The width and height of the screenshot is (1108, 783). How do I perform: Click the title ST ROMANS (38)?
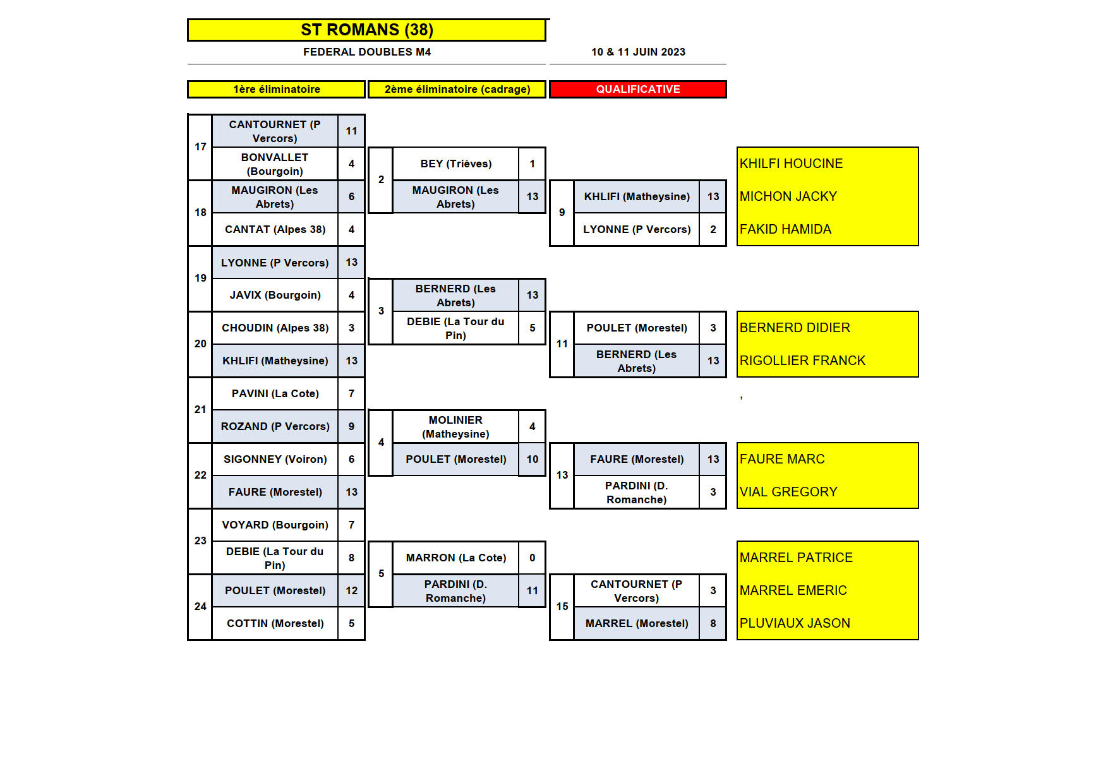click(366, 30)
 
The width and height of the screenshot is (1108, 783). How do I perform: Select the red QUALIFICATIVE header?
click(637, 89)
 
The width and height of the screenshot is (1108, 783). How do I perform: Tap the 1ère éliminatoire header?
click(276, 89)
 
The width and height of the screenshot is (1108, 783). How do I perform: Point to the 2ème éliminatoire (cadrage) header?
click(457, 89)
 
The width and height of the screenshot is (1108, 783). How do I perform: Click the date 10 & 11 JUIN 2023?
click(638, 52)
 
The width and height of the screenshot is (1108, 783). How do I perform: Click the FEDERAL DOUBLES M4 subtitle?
click(366, 52)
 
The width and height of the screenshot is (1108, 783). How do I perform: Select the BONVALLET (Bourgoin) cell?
click(275, 164)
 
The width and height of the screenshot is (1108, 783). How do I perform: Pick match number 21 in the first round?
click(200, 409)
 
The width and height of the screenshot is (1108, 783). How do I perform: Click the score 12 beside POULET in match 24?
click(351, 590)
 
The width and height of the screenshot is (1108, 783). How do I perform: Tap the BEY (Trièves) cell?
click(455, 164)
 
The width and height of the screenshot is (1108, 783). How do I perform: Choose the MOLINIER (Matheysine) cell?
click(455, 427)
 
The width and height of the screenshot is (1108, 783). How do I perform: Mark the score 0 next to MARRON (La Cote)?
click(532, 558)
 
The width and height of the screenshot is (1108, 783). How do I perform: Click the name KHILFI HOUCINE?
click(791, 164)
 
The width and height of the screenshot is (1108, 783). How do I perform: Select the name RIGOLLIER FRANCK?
click(802, 361)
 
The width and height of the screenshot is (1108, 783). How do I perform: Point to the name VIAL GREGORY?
click(788, 492)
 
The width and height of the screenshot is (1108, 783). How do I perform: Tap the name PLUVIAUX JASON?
click(795, 623)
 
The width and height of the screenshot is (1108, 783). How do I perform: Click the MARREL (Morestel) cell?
click(636, 623)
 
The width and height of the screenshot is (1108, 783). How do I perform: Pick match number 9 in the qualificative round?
click(562, 212)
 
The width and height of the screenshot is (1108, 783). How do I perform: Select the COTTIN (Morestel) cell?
click(275, 623)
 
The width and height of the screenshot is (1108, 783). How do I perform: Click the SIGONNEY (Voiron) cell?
click(275, 459)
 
